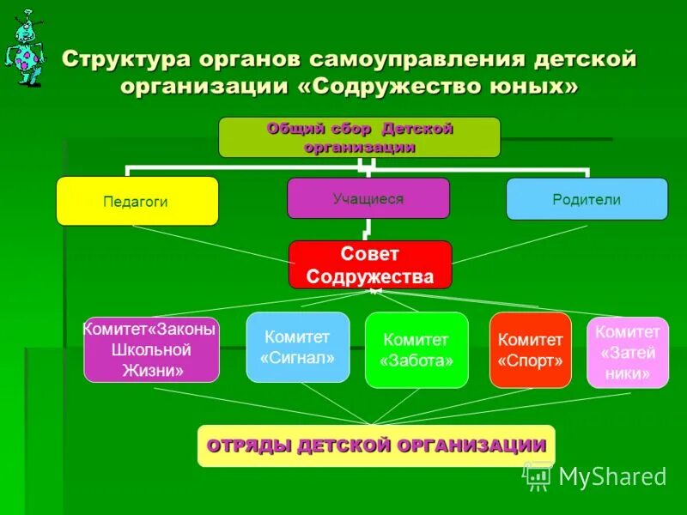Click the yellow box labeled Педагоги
pos(137,201)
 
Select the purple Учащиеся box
pos(368,198)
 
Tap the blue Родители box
pos(587,199)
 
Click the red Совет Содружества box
pos(370,264)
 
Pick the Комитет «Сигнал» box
pos(298,347)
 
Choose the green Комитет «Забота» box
pos(416,350)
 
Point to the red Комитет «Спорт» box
pos(530,350)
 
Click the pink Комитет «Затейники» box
pos(627,353)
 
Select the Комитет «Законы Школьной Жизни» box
pos(151,350)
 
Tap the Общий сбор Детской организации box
pos(359,137)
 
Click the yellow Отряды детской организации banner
pos(376,445)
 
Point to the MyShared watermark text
pos(611,476)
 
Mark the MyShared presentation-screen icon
pos(538,475)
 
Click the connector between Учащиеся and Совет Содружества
pos(368,229)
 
